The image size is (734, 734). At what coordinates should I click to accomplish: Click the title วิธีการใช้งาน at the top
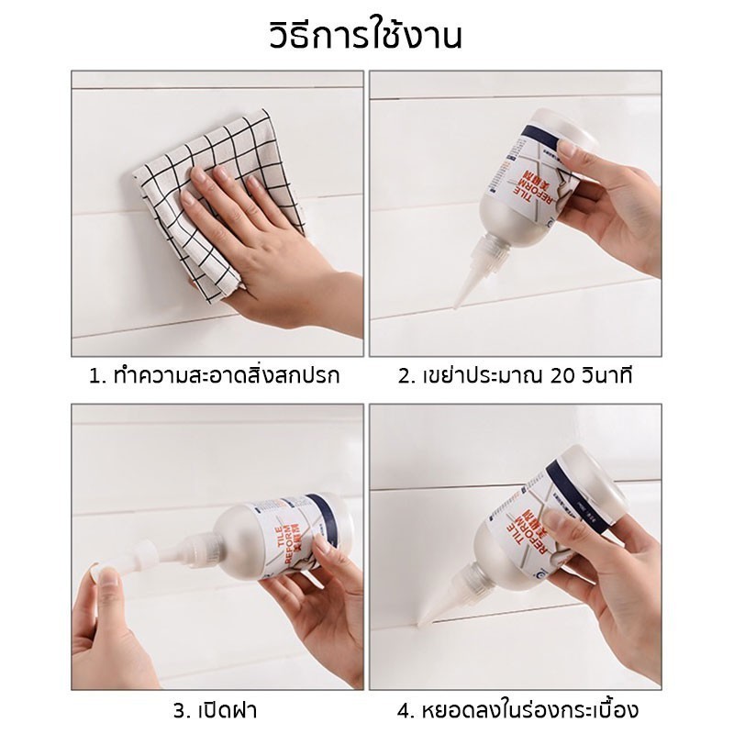(367, 39)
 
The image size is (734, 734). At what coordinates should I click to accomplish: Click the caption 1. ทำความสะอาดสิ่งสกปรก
(210, 376)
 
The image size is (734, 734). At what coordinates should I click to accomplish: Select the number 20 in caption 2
(562, 376)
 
